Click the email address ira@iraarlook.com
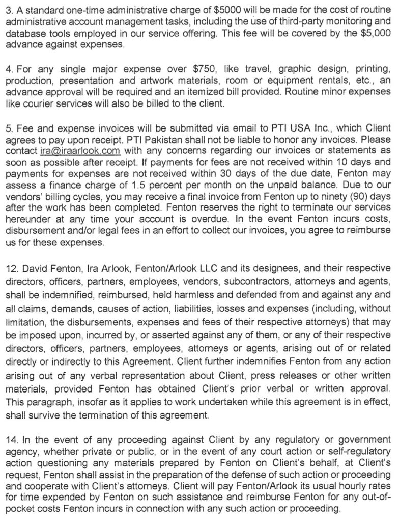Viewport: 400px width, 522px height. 79,151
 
